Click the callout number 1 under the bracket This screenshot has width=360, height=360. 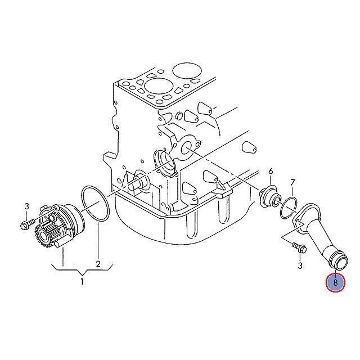tap(82, 281)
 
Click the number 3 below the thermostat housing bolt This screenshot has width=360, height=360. tap(300, 264)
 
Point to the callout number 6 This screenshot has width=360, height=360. tap(271, 171)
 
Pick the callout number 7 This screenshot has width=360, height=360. tap(292, 182)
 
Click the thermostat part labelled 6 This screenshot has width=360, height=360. tap(270, 195)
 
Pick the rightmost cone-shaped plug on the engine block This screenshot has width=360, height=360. tap(249, 148)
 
